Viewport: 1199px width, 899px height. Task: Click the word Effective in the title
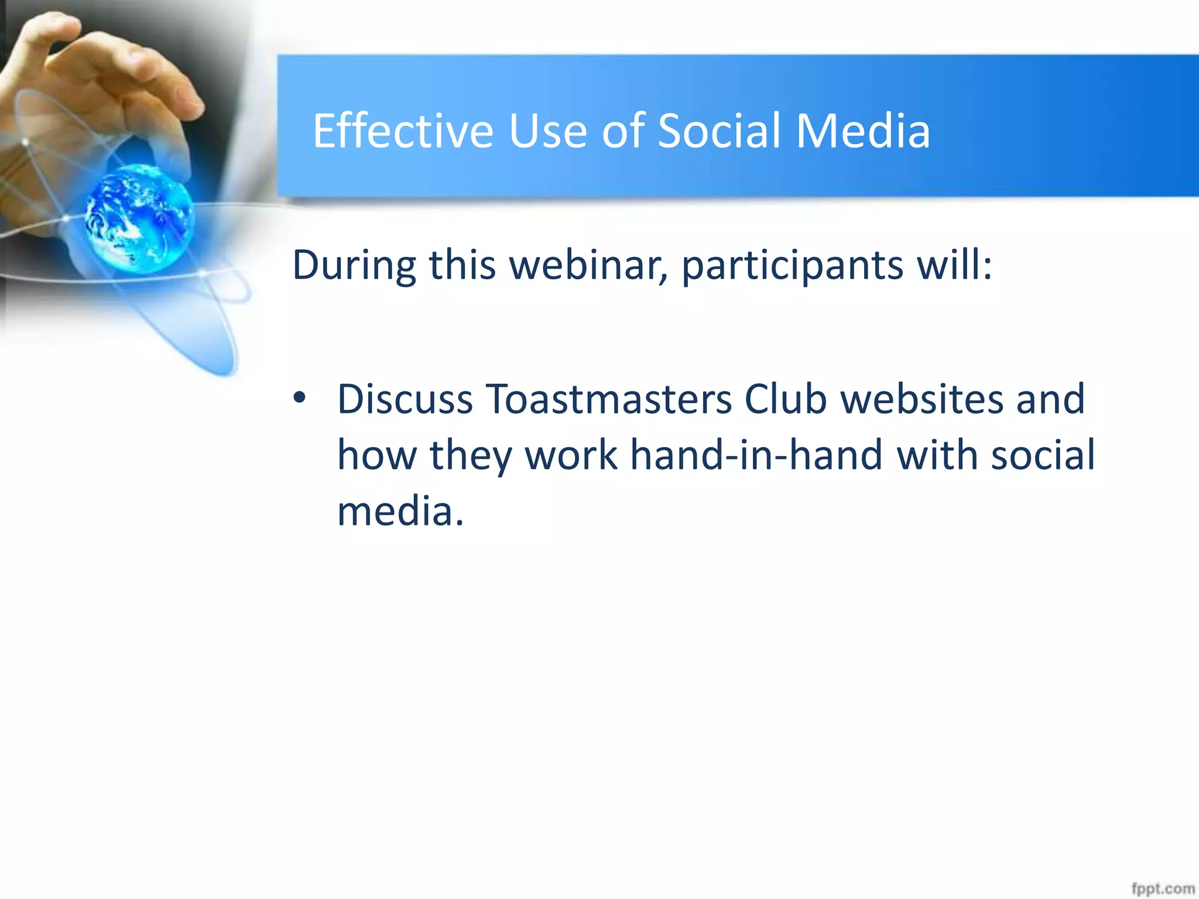pos(403,131)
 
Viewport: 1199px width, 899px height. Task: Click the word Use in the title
pos(547,131)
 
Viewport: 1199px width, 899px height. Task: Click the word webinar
pos(588,265)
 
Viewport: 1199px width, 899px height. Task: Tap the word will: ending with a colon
pos(955,265)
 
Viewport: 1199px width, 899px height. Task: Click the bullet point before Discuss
pos(300,399)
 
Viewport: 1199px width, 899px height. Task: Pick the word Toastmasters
pos(608,400)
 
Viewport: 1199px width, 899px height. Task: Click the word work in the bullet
pos(571,455)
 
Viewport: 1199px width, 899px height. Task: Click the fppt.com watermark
pos(1162,888)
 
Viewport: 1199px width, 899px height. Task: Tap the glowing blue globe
pos(139,218)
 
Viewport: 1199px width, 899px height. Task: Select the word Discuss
pos(405,400)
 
